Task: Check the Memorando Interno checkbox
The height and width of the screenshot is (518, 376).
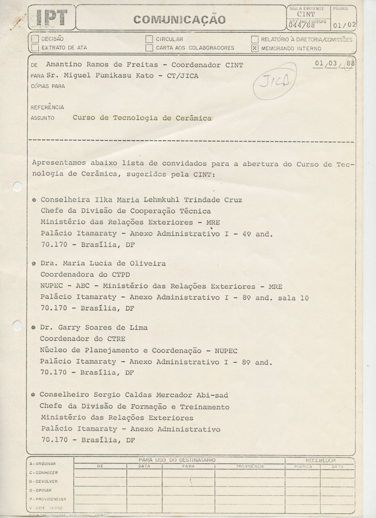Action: coord(255,48)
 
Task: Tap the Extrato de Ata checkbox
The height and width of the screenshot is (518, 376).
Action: coord(35,48)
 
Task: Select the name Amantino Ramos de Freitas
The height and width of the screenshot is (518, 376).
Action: coord(104,65)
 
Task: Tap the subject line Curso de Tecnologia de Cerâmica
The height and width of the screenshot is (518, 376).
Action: coord(142,118)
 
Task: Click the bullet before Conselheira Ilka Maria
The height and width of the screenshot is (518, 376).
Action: coord(33,200)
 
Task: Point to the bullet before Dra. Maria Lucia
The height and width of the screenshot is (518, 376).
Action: coord(33,264)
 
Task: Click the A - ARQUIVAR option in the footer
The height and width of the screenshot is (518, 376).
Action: coord(42,463)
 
